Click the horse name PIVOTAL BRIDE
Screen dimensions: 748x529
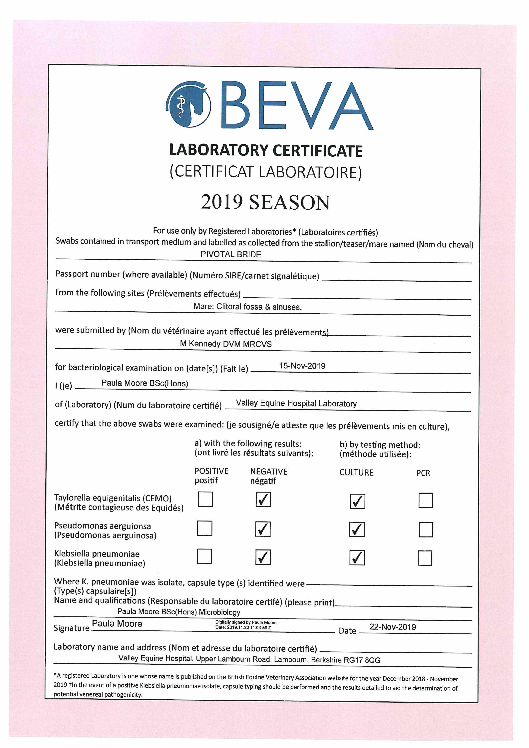tap(231, 254)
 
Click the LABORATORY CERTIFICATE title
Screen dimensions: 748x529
tap(266, 150)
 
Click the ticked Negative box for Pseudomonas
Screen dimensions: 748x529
tap(263, 529)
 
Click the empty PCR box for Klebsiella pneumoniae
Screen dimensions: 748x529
tap(425, 558)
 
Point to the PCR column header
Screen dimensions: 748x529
tap(423, 473)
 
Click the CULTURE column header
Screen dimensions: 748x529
tap(356, 472)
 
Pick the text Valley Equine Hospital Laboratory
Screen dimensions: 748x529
tap(296, 403)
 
